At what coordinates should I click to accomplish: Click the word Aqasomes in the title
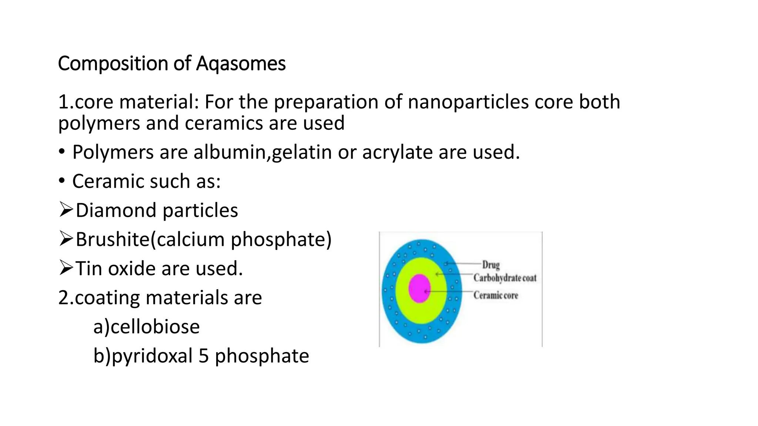pos(241,64)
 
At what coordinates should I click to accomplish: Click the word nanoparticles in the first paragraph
pos(468,102)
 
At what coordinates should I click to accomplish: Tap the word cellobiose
pos(155,327)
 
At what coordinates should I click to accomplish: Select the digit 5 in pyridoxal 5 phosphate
pos(204,356)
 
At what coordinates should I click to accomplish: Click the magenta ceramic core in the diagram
pos(419,288)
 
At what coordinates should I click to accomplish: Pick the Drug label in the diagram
pos(491,265)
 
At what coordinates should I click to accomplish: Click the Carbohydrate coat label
pos(504,278)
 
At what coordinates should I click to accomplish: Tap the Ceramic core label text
pos(496,295)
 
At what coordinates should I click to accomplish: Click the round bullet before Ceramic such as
pos(62,181)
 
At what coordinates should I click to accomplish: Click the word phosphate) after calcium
pos(281,240)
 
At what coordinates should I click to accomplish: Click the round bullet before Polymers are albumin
pos(62,152)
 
